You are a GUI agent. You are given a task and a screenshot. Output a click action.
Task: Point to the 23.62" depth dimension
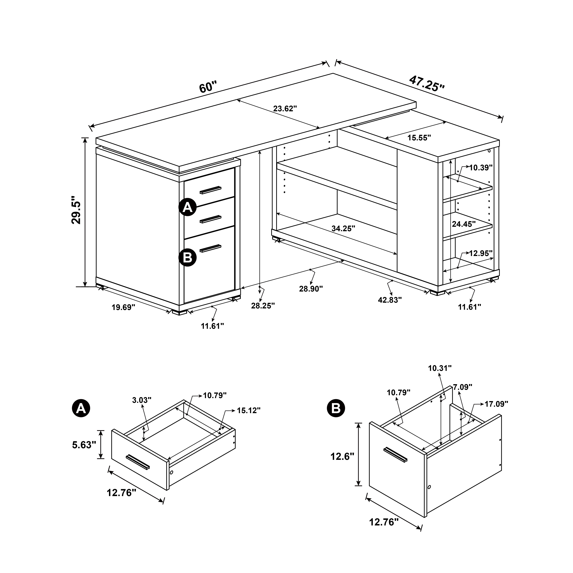285,109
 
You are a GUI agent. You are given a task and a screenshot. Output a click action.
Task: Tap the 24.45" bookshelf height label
464,224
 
